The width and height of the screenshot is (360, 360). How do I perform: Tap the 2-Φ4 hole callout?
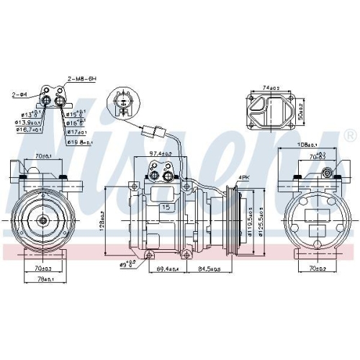click(19, 94)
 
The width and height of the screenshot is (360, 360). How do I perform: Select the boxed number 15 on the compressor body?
click(166, 207)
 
